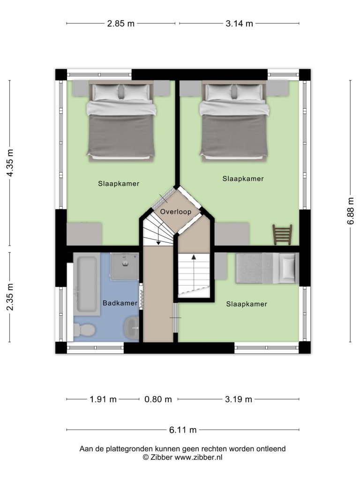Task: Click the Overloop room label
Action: click(176, 211)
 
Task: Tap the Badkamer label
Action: click(120, 303)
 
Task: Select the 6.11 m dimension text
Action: click(183, 430)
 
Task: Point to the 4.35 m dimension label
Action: click(10, 163)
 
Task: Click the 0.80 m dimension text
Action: click(158, 399)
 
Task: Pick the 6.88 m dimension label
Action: click(351, 210)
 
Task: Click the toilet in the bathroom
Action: click(84, 330)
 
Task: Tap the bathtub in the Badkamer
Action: click(87, 285)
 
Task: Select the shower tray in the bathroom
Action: click(125, 266)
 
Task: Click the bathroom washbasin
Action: click(131, 328)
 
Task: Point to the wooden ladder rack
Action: click(282, 235)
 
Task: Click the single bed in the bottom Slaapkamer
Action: click(267, 268)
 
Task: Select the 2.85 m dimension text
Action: click(120, 23)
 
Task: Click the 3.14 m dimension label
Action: click(239, 23)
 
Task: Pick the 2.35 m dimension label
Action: click(10, 297)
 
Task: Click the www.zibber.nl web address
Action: click(198, 457)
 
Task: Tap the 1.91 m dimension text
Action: click(103, 399)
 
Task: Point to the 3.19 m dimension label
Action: click(239, 399)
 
